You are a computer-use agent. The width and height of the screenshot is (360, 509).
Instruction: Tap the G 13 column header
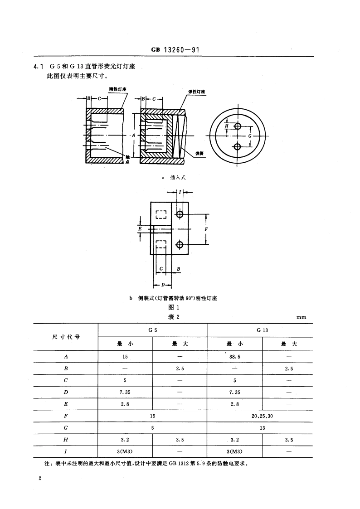262,330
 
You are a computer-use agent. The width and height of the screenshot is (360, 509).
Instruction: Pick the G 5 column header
152,330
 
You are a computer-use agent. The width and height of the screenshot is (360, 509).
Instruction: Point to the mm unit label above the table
301,318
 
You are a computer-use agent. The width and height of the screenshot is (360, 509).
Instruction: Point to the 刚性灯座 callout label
117,90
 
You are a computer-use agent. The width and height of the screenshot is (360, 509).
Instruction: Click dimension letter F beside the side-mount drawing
206,229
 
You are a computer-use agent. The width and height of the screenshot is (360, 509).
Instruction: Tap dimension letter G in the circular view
249,136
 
